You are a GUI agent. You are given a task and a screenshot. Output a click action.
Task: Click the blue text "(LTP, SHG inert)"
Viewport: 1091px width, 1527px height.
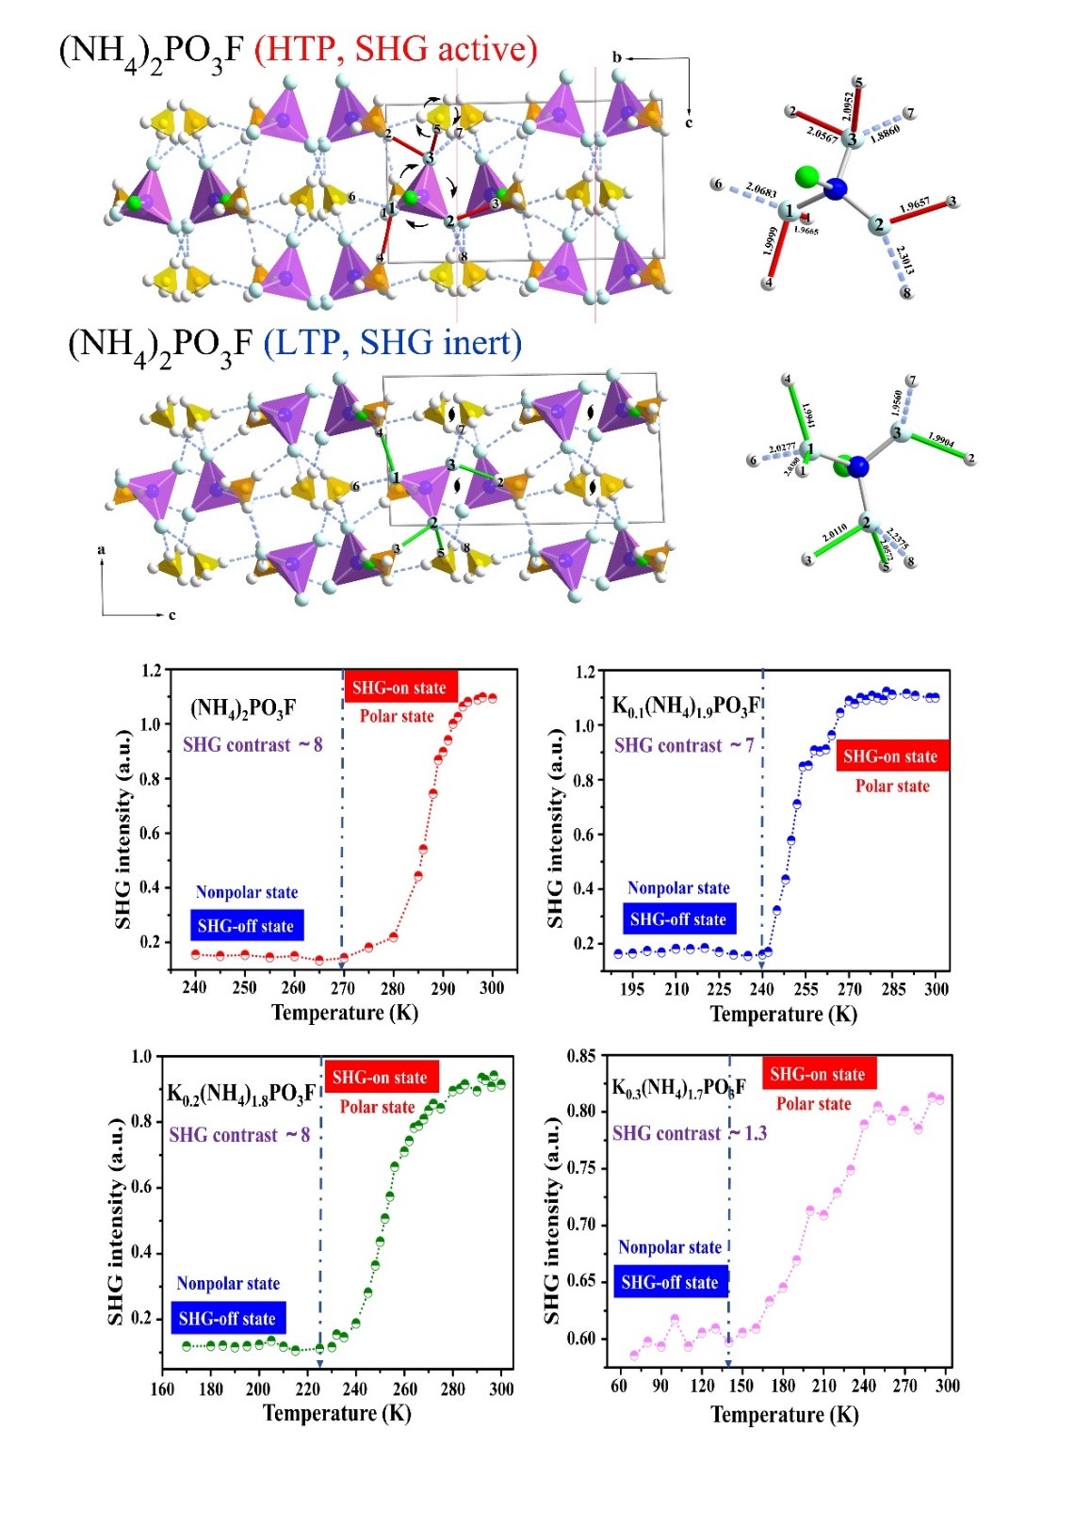(392, 342)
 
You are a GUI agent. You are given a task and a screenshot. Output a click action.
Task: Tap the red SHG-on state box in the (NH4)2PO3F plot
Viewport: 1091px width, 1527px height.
(399, 688)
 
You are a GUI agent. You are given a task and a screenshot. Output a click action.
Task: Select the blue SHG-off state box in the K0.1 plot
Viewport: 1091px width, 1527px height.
(677, 919)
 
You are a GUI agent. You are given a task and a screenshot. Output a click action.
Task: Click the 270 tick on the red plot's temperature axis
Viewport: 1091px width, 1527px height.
(343, 988)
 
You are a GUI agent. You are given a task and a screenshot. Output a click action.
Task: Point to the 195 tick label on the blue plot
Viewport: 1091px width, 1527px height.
(632, 989)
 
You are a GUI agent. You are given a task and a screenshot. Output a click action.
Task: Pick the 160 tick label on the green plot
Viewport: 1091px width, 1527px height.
(162, 1389)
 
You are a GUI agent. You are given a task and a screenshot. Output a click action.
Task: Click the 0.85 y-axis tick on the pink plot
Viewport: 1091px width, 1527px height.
(581, 1056)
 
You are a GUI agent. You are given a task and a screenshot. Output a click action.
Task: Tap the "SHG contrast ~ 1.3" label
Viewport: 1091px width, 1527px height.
(690, 1133)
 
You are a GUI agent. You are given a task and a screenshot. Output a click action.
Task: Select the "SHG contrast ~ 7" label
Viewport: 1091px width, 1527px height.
(684, 746)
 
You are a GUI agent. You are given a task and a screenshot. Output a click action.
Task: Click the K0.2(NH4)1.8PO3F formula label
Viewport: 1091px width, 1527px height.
(241, 1094)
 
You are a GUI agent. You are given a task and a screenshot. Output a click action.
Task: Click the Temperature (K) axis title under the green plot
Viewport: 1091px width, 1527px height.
(336, 1414)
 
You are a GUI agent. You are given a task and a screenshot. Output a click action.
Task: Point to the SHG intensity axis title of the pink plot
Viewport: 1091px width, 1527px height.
(552, 1220)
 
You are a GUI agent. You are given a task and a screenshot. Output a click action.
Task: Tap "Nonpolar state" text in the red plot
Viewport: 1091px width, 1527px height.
(247, 892)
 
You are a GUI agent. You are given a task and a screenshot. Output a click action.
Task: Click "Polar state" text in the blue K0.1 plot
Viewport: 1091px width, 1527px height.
(892, 787)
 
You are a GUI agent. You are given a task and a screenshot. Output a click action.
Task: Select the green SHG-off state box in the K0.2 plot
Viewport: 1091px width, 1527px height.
(227, 1319)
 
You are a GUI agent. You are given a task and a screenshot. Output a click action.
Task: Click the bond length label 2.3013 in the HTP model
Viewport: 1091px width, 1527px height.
(904, 261)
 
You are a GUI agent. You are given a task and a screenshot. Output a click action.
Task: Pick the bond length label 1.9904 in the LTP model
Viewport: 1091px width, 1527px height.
(940, 440)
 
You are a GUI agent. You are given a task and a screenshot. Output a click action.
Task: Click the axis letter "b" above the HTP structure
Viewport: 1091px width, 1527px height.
(617, 57)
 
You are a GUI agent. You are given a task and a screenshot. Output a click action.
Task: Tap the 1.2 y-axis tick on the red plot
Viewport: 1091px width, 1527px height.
(151, 671)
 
